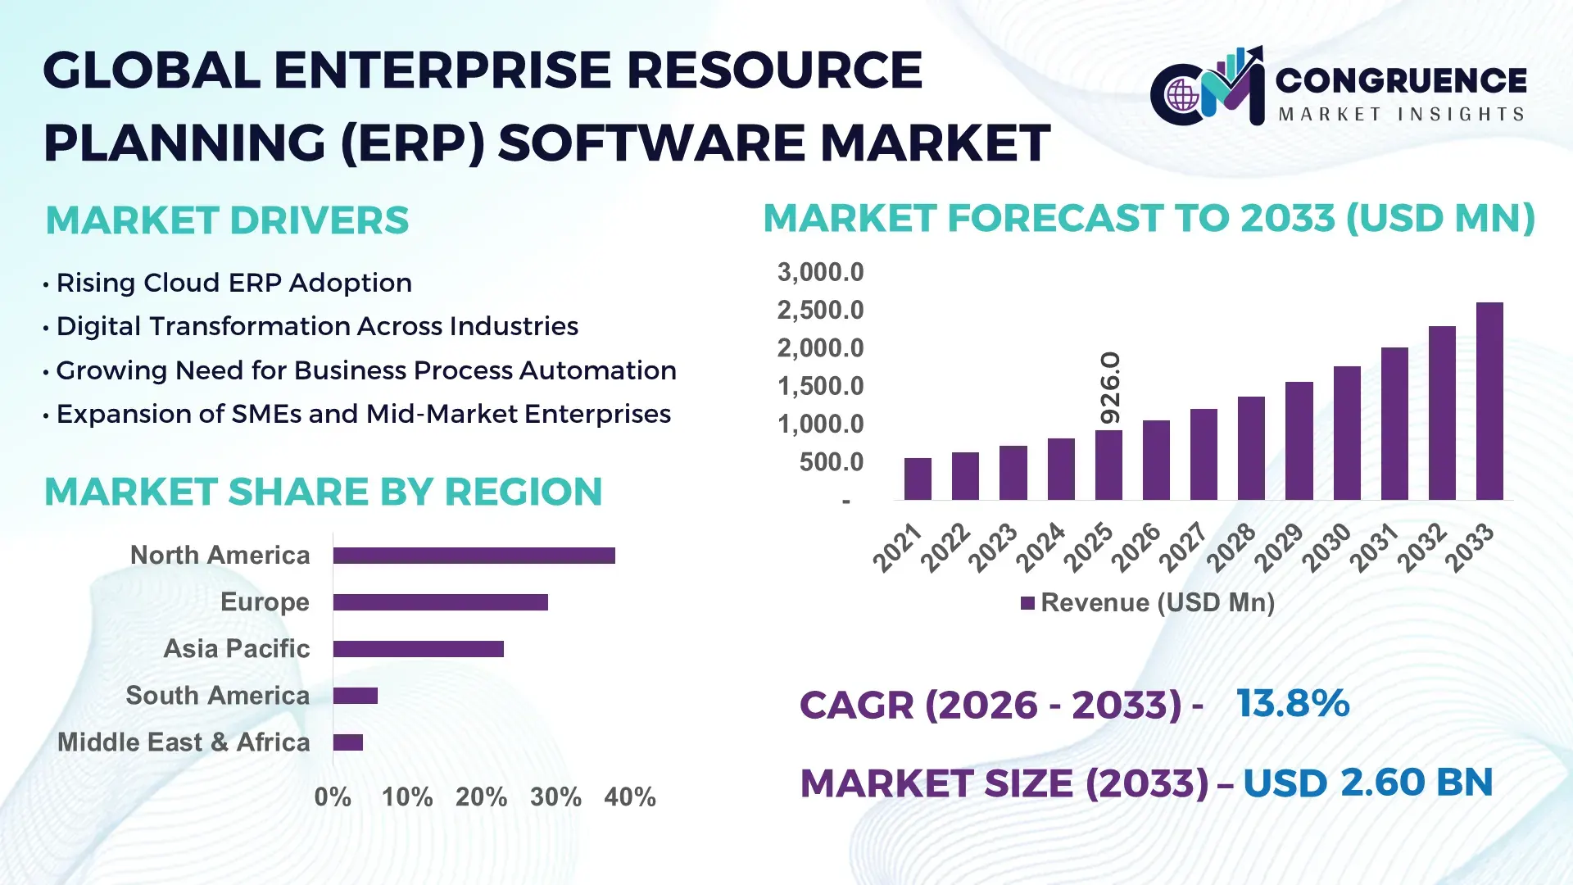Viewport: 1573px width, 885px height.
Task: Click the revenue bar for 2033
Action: (1489, 402)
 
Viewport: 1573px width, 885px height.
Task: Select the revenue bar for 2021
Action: (918, 479)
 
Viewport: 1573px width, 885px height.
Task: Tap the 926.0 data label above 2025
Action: (1109, 388)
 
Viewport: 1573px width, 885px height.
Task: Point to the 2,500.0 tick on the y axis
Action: (820, 311)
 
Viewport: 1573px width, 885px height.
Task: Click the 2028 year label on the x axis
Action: (1231, 547)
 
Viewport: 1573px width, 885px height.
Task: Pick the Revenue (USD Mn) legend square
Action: (1027, 604)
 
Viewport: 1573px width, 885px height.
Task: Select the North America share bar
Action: (474, 556)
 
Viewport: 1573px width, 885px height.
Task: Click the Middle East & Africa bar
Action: (347, 742)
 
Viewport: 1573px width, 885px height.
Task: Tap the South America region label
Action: (217, 696)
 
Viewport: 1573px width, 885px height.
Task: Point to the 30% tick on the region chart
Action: (555, 797)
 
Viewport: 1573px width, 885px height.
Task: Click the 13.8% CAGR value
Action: (1292, 704)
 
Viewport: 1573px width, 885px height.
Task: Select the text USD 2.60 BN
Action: (1367, 783)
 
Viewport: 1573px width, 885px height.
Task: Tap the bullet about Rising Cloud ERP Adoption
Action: (233, 283)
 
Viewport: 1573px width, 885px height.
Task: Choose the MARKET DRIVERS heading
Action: (227, 220)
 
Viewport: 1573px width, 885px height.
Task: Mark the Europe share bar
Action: (440, 602)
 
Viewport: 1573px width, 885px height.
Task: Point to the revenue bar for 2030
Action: (1346, 433)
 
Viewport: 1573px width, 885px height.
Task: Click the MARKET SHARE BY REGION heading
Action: (323, 492)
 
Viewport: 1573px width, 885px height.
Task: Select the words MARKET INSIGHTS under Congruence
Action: (1401, 114)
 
